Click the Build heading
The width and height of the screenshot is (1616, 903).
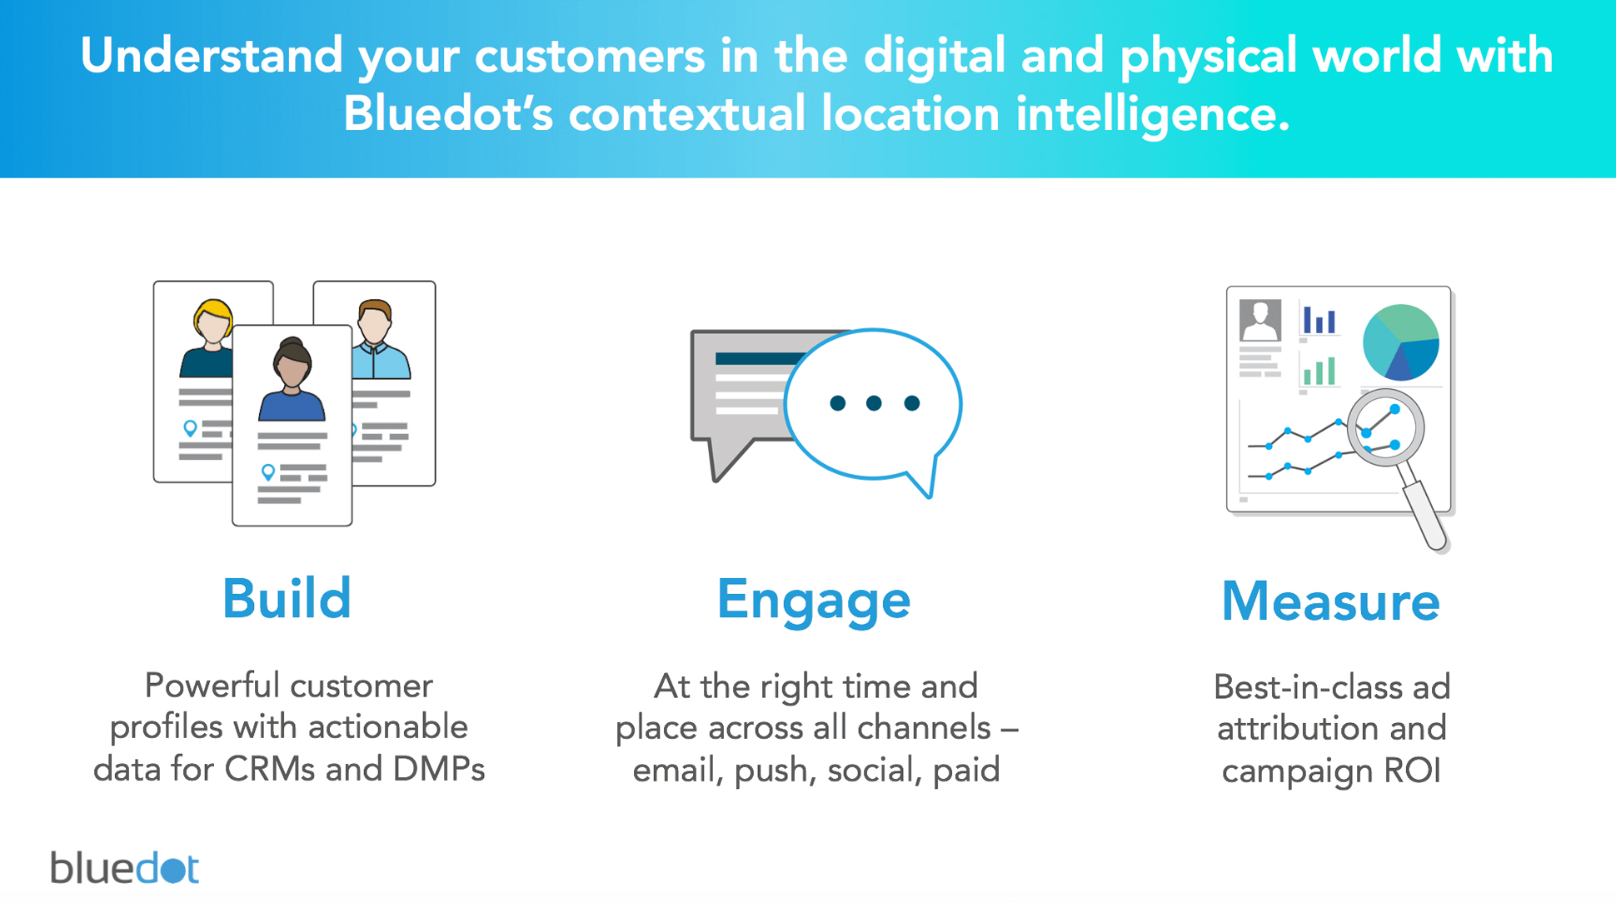click(x=287, y=598)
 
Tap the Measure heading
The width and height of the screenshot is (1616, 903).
click(x=1330, y=601)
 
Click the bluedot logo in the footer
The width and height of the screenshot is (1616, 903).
click(x=125, y=867)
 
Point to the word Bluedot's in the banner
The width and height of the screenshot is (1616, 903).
click(x=448, y=113)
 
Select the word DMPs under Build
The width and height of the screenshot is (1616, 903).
click(x=439, y=768)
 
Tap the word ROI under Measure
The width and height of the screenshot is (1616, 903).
click(x=1413, y=771)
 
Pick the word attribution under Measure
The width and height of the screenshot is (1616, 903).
click(x=1292, y=728)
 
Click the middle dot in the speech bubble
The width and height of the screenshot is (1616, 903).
click(x=874, y=403)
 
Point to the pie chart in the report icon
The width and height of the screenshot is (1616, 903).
click(x=1401, y=342)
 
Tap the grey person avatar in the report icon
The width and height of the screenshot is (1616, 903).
click(x=1260, y=320)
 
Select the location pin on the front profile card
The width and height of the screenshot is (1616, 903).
click(x=267, y=472)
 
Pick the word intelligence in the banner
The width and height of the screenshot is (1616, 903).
click(x=1152, y=115)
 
